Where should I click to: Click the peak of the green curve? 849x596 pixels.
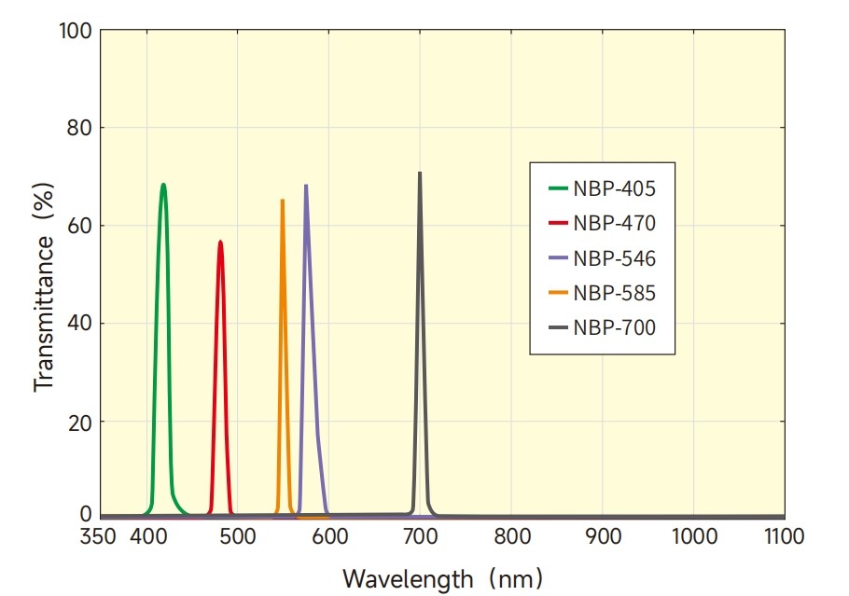pos(163,185)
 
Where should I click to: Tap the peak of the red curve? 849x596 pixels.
pos(221,242)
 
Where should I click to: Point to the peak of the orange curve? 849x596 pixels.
pos(282,200)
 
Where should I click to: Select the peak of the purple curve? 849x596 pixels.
pos(306,186)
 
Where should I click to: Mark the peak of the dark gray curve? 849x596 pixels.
pos(420,173)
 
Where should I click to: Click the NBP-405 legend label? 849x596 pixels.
pos(615,189)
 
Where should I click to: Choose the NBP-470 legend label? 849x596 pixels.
pos(615,224)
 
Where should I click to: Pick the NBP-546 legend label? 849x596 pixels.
pos(615,258)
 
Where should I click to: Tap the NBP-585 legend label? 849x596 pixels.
pos(615,293)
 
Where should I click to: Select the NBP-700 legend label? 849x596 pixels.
pos(615,327)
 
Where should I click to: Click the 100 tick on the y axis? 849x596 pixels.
pos(76,31)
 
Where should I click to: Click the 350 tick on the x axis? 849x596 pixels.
pos(99,536)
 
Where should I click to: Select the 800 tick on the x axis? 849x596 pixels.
pos(511,536)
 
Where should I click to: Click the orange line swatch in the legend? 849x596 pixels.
pos(558,293)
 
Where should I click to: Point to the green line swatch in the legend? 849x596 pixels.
pos(558,189)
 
